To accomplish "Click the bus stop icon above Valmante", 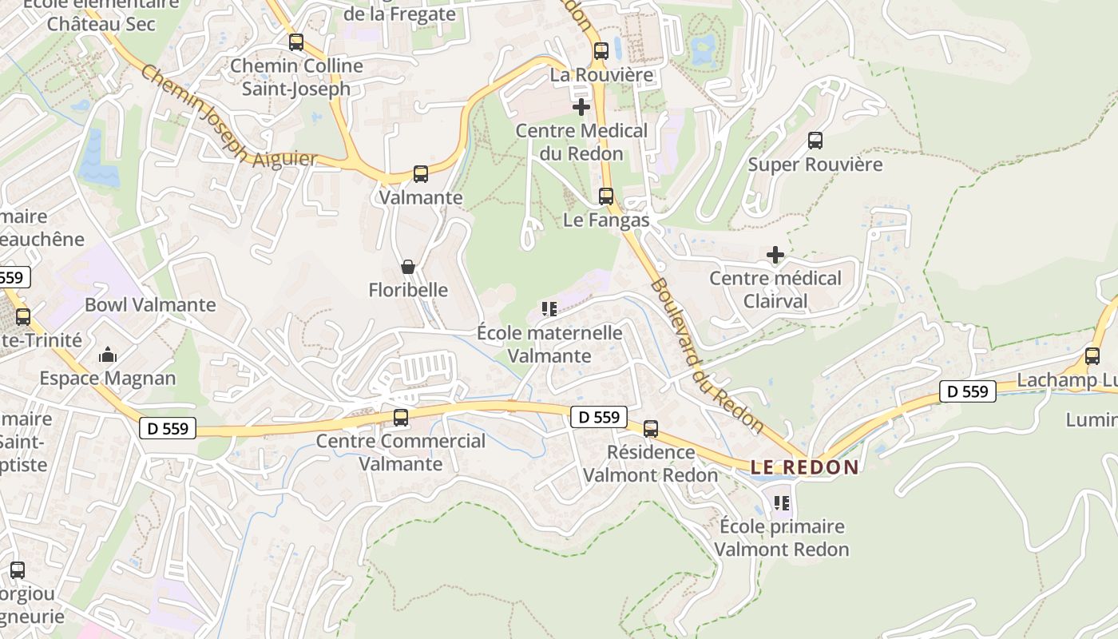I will tap(420, 173).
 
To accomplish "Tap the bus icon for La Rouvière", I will tap(601, 51).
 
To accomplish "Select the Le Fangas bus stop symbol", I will tap(606, 196).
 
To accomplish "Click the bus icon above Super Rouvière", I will tap(815, 141).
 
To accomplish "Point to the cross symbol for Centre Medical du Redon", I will tap(581, 106).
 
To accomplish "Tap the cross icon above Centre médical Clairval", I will tap(775, 255).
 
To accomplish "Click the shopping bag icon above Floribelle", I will tap(407, 266).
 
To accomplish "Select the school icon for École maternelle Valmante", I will tap(549, 308).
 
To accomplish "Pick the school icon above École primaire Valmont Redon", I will tap(781, 503).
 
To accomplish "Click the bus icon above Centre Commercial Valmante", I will tap(401, 417).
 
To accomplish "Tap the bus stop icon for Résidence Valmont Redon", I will tap(651, 429).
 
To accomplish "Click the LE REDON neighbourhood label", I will tap(804, 467).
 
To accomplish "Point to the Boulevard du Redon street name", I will tap(707, 355).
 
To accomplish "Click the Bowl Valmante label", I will tap(150, 304).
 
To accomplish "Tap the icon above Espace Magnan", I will tap(108, 355).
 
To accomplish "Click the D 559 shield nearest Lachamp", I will tap(968, 391).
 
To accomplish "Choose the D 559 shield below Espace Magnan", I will tap(168, 428).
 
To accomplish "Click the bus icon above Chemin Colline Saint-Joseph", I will tap(296, 42).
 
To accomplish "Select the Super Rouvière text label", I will tap(815, 165).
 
